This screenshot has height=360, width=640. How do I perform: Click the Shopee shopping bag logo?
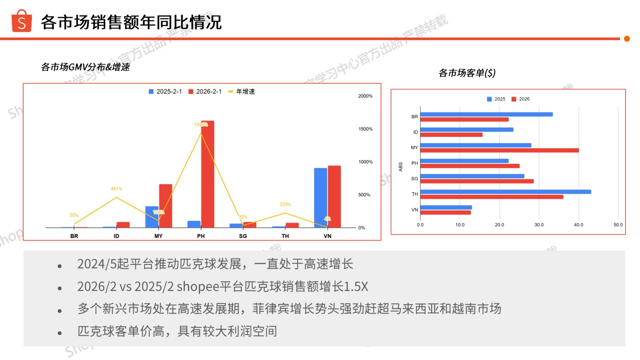21,21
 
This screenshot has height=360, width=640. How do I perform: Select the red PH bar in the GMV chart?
208,174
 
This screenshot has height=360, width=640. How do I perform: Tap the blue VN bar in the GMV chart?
320,198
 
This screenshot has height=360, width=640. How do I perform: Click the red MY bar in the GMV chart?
166,206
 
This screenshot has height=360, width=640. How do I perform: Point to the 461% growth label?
116,189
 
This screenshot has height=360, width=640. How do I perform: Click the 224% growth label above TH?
285,204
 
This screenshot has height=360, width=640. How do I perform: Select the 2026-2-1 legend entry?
205,92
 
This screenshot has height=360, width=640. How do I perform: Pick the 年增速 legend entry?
242,92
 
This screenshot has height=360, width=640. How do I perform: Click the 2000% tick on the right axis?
365,96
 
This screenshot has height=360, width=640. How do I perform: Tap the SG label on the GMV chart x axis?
243,236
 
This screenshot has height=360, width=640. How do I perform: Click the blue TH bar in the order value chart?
506,192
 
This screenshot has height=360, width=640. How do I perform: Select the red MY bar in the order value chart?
500,150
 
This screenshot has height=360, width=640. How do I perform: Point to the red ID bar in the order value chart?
451,135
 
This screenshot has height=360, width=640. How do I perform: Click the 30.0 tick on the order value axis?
539,225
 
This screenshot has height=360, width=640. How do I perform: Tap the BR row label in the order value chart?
415,116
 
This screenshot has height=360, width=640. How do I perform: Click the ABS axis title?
400,167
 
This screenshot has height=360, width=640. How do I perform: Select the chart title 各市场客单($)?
467,73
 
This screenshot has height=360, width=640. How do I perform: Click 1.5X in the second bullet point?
356,286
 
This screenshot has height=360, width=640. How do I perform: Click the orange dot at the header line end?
627,39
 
